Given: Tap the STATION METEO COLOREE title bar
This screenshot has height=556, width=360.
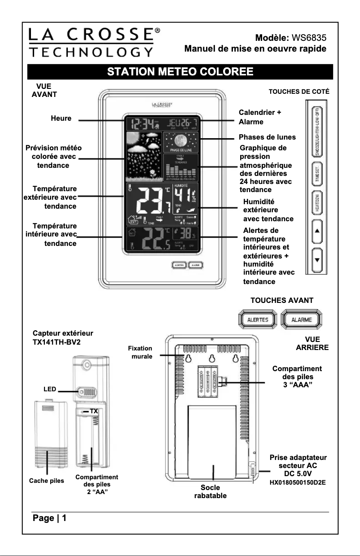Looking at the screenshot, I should point(180,72).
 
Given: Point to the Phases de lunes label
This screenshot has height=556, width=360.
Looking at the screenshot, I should point(267,137).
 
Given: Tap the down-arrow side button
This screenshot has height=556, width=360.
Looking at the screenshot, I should point(316,260).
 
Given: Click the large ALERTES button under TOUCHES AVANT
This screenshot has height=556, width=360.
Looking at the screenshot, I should point(258,320).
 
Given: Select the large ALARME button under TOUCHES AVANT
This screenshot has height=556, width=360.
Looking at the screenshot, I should point(302,320).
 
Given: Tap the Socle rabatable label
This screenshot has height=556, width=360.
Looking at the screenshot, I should point(210,491).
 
